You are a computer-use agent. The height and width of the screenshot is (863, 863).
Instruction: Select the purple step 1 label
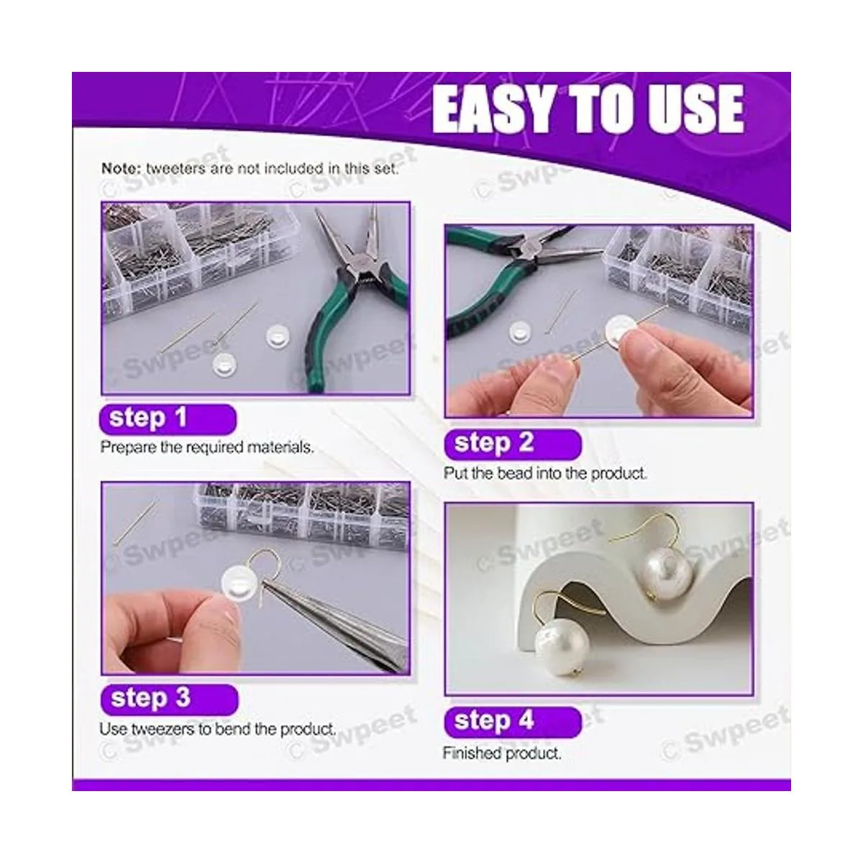[x=168, y=419]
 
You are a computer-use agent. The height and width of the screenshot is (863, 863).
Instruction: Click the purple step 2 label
[x=512, y=444]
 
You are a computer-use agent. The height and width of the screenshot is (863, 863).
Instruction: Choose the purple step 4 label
[x=512, y=722]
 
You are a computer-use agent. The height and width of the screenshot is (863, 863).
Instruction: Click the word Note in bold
[x=121, y=168]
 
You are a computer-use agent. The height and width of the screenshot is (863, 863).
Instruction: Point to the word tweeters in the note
[x=175, y=168]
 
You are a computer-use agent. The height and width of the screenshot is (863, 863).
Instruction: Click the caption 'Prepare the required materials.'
[x=207, y=447]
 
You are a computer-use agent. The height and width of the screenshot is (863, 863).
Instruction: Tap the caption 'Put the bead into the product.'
[x=545, y=473]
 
